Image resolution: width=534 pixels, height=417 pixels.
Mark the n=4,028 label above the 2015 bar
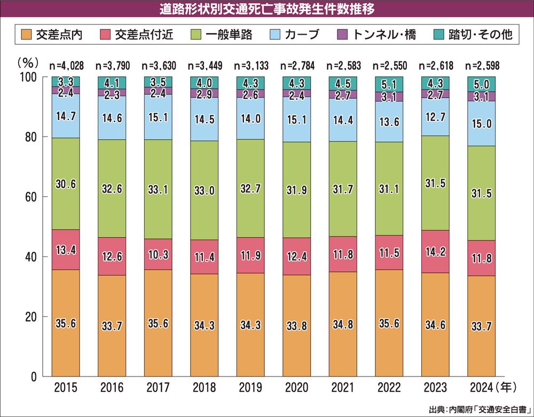click(66, 66)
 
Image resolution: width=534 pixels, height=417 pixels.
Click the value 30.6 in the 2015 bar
click(66, 183)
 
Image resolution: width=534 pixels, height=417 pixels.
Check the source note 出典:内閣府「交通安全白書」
click(480, 409)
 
